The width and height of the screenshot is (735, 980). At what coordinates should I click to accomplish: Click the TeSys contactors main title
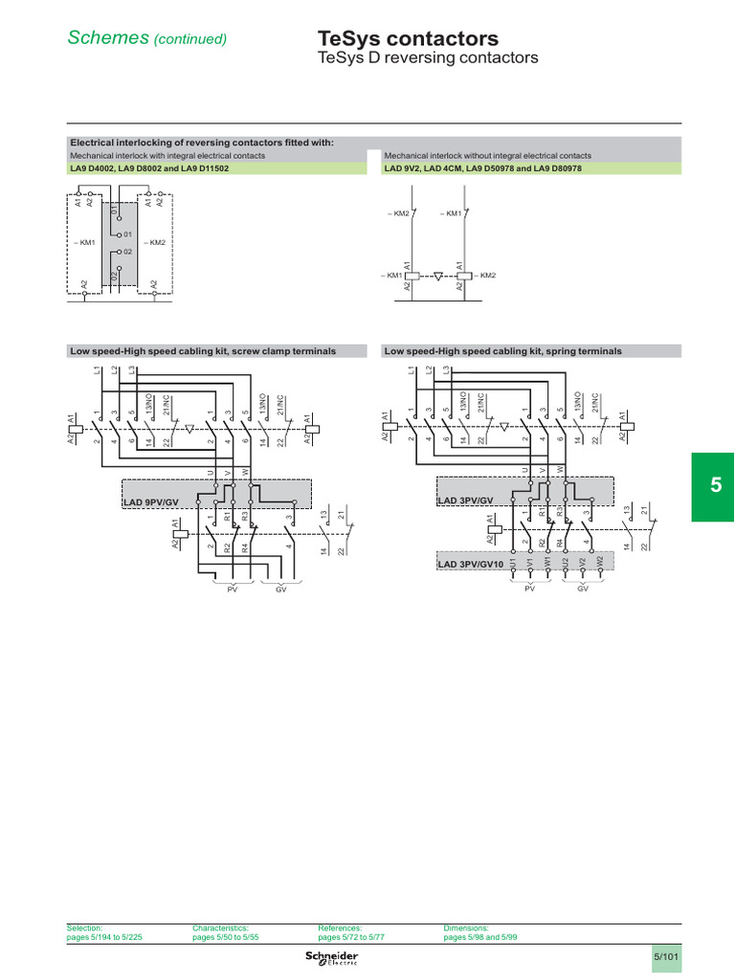click(x=408, y=39)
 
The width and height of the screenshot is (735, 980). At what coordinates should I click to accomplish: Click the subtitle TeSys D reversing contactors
click(x=428, y=58)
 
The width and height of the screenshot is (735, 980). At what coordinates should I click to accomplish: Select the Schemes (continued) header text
click(x=146, y=38)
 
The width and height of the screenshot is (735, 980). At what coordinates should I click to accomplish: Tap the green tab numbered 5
click(x=716, y=486)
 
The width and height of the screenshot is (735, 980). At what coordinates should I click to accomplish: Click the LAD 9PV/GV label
click(x=151, y=501)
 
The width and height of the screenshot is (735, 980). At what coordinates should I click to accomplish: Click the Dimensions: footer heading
click(x=466, y=927)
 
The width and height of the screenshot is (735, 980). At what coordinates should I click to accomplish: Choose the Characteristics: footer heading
click(x=220, y=927)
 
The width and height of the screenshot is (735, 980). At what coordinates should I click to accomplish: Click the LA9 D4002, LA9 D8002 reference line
click(x=149, y=167)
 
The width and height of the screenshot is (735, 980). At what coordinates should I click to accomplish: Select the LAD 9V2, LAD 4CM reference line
click(x=483, y=167)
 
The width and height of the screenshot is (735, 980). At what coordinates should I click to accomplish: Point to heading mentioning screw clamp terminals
click(x=203, y=351)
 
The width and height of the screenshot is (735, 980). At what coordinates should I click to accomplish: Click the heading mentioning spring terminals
click(x=503, y=351)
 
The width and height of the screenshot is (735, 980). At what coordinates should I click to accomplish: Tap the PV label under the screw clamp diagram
click(x=232, y=590)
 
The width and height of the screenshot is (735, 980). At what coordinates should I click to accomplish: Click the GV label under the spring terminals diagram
click(x=582, y=590)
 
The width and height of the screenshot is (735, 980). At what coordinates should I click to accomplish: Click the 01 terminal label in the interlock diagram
click(x=127, y=234)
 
